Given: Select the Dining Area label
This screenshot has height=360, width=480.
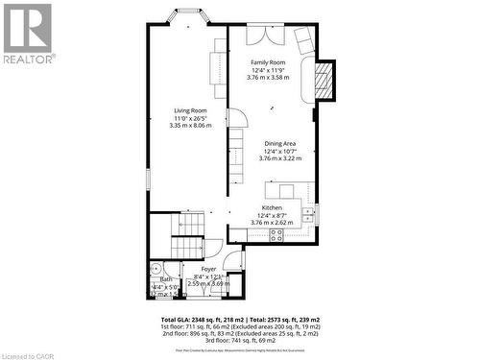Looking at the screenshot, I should tap(280, 143).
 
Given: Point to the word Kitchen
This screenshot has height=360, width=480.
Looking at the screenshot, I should tap(272, 207).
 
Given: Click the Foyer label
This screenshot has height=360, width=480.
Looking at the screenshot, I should tap(208, 269).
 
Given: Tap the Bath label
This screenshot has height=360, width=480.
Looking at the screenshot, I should tap(166, 278).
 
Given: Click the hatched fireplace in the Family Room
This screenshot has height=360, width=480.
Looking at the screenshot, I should tap(324, 81).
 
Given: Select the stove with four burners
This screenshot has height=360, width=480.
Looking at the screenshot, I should tap(276, 233).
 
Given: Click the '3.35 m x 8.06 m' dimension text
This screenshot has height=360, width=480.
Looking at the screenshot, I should tap(190, 126).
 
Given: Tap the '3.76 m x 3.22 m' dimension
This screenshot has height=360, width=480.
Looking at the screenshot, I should tap(280, 158).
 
